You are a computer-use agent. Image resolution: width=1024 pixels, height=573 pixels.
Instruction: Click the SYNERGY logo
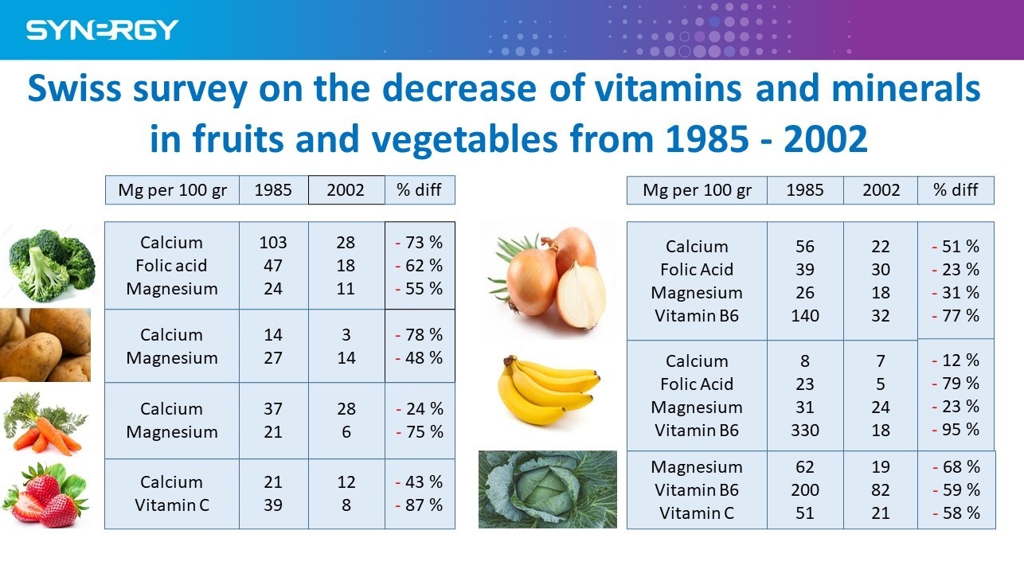(102, 30)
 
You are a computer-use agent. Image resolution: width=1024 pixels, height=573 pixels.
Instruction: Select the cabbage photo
(547, 489)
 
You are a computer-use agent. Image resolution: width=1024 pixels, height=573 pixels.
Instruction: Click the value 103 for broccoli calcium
(273, 243)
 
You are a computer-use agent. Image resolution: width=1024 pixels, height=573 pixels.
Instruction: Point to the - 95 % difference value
(956, 430)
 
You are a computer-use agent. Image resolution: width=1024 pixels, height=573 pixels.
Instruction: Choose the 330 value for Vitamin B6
(805, 431)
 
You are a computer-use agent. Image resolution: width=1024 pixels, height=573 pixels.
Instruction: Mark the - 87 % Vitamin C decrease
(420, 505)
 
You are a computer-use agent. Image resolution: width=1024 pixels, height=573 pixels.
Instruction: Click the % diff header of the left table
(420, 190)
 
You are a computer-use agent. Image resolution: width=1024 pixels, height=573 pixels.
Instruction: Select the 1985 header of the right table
(805, 190)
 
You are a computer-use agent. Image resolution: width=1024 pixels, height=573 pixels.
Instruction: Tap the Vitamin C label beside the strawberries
(171, 505)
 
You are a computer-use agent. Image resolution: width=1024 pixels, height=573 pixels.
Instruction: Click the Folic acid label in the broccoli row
(171, 266)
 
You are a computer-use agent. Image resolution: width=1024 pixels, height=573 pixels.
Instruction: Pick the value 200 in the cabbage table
(805, 490)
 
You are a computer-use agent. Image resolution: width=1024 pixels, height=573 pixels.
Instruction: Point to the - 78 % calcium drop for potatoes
(420, 335)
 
